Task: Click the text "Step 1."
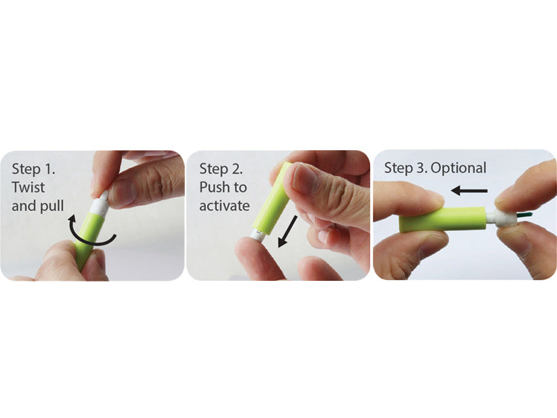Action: tap(33, 169)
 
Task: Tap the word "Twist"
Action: tap(29, 187)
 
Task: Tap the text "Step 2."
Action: tap(221, 169)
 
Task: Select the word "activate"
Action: tap(225, 206)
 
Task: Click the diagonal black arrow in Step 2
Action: tap(287, 231)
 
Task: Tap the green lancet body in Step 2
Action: tap(273, 199)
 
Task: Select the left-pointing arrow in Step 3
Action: tap(469, 191)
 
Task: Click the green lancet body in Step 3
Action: tap(442, 219)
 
